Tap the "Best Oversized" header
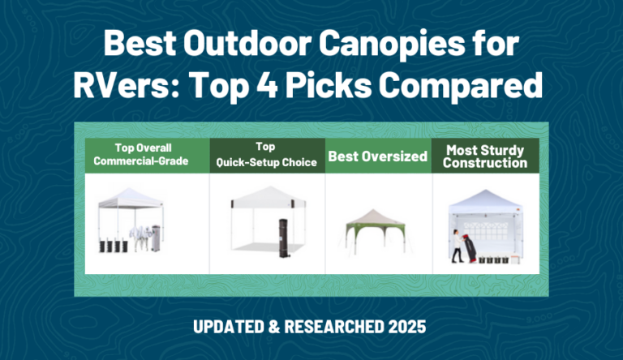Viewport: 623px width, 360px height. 377,156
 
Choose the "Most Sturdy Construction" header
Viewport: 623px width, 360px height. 485,156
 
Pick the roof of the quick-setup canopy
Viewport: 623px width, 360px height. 267,195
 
